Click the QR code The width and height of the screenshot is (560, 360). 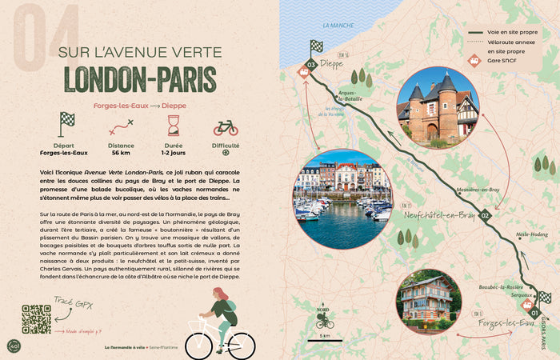[x=37, y=319]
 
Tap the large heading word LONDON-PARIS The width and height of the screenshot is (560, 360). [x=140, y=80]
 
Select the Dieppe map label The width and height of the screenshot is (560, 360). [x=331, y=63]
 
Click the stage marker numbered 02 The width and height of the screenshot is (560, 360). [x=485, y=215]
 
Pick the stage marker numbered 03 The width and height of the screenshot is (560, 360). [x=312, y=64]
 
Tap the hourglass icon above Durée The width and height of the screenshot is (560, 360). [x=173, y=125]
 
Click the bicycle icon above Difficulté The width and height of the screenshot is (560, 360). [x=226, y=127]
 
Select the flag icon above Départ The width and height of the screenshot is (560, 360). [x=67, y=124]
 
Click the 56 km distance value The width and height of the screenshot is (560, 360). [x=122, y=152]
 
